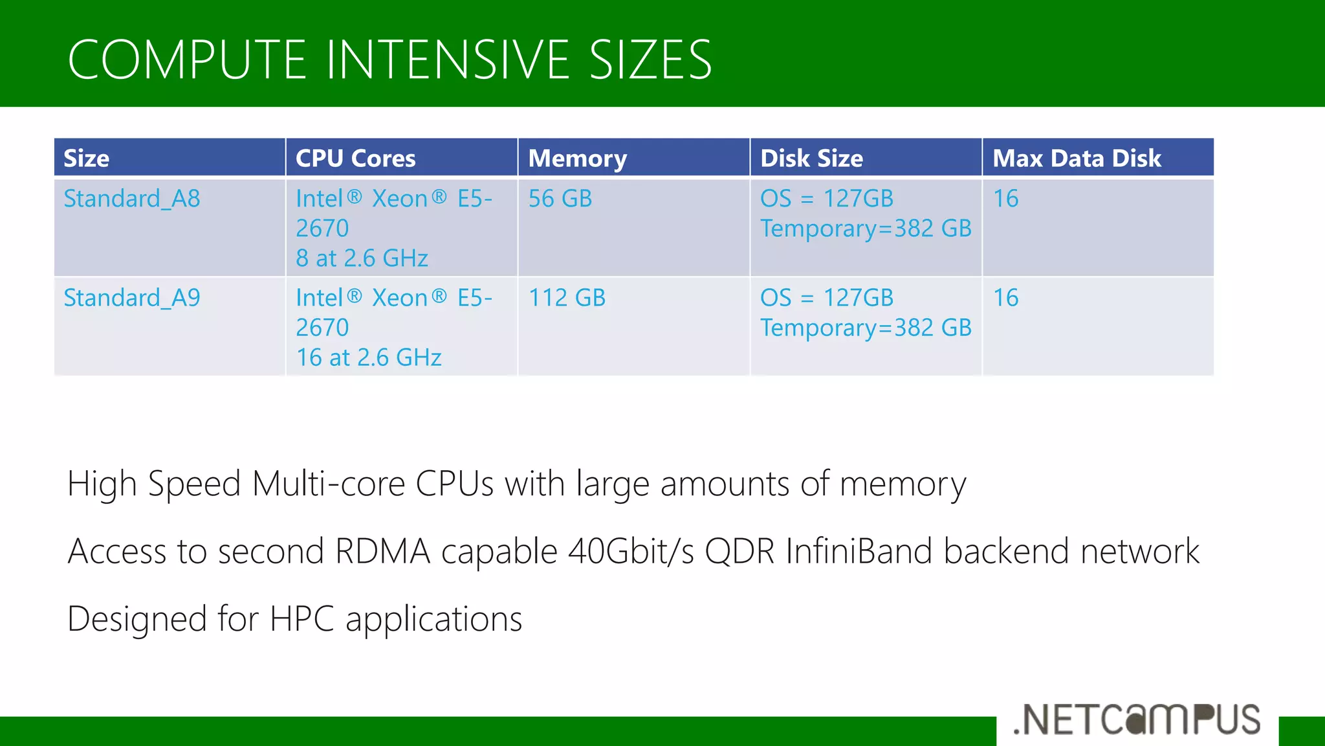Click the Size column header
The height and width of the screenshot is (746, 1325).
pos(87,159)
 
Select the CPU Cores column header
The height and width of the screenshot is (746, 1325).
pos(355,159)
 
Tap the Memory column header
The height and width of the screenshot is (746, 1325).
pos(577,159)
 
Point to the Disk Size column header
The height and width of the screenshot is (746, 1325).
pos(811,159)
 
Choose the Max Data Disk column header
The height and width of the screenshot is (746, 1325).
pos(1077,159)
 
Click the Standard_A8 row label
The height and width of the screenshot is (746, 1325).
pos(132,199)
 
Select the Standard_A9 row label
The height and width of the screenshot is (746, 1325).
pos(132,298)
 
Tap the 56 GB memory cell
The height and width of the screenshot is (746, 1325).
pos(560,199)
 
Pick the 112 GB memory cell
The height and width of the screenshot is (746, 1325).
pos(567,298)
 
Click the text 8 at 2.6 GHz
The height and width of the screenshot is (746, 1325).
pos(362,258)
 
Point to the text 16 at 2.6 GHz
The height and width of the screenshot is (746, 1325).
pos(369,357)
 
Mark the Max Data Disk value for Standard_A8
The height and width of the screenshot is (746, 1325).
pos(1005,199)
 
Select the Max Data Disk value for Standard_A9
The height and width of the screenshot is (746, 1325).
pos(1005,298)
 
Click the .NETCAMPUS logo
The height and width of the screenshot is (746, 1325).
pos(1137,719)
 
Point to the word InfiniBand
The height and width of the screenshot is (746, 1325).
pos(859,552)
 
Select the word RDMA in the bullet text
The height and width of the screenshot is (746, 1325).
pos(382,552)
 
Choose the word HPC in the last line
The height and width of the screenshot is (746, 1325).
pos(301,619)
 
